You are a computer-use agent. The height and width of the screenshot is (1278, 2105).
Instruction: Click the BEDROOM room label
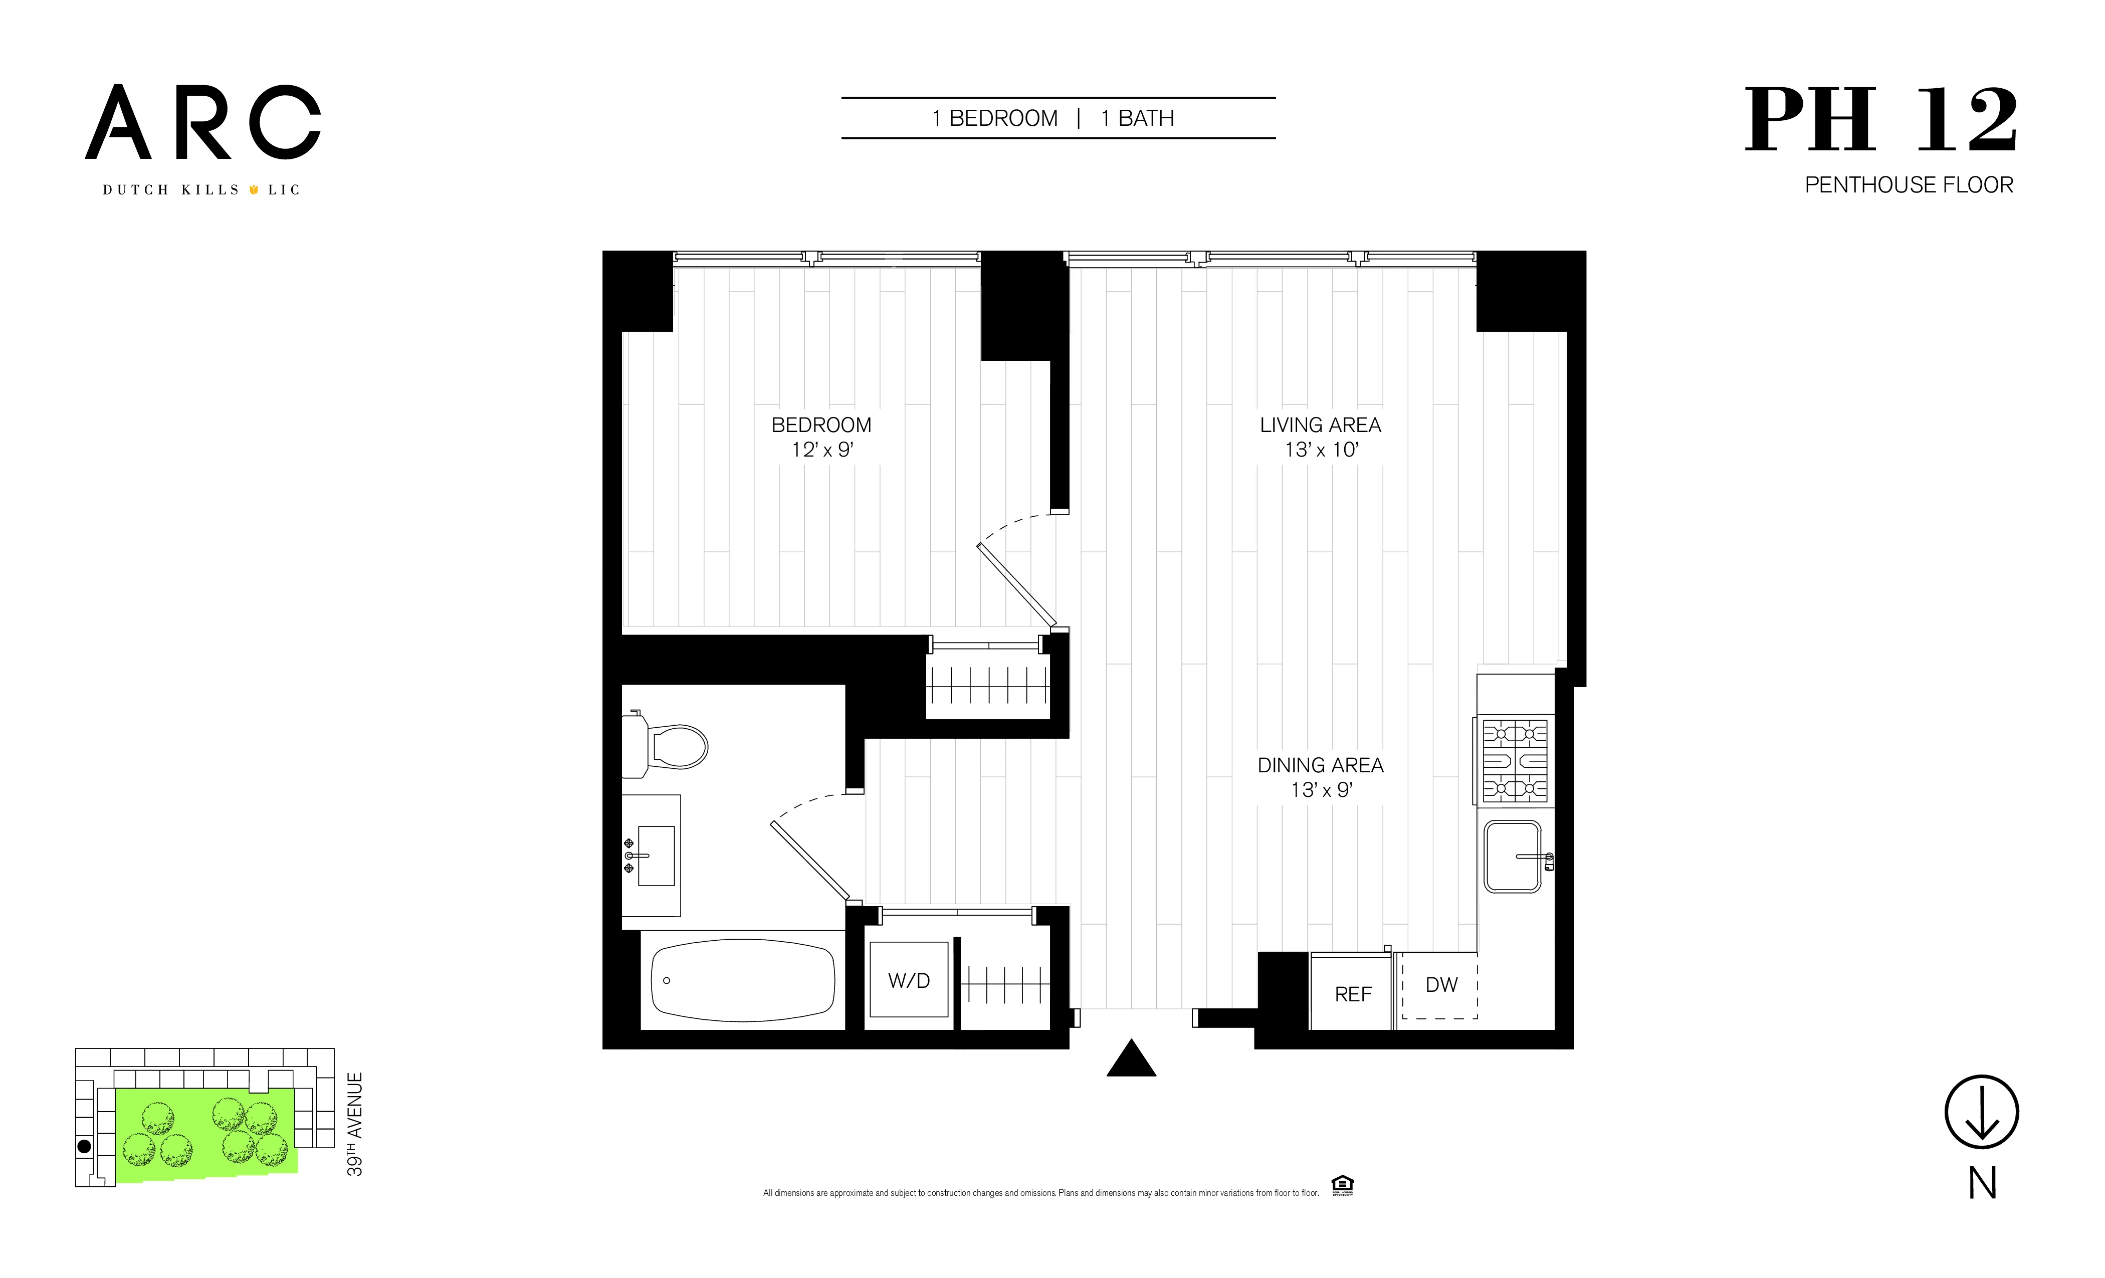(821, 424)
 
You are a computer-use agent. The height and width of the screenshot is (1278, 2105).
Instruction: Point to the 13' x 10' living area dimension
(1321, 450)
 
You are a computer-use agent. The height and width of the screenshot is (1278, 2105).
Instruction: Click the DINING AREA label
(1320, 765)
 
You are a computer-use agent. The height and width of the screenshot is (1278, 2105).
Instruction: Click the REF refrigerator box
(1352, 993)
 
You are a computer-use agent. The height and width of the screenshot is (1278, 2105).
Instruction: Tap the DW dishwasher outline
(1440, 985)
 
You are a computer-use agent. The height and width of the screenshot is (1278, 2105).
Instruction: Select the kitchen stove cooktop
(1514, 760)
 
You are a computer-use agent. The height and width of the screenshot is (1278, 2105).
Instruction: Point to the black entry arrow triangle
(1131, 1060)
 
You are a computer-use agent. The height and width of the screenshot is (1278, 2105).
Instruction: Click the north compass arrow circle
(1981, 1112)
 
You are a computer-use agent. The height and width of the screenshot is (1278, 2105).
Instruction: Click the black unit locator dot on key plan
(84, 1147)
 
